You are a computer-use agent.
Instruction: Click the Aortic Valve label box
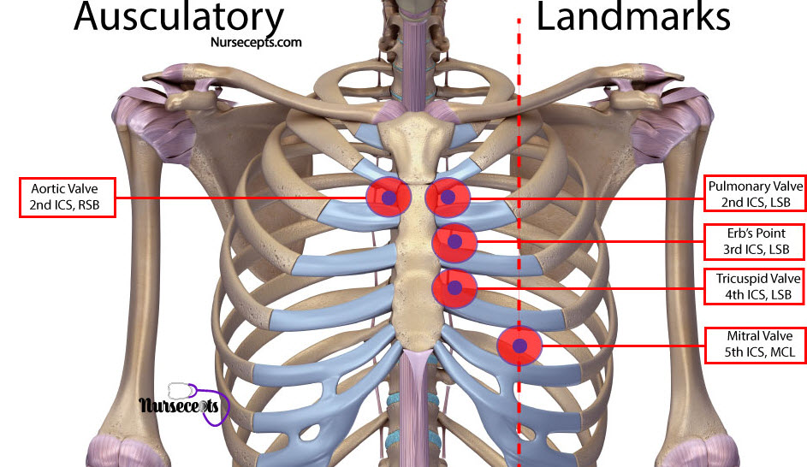coord(67,198)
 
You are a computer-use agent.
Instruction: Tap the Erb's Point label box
coord(755,241)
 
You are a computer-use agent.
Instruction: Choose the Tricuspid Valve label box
coord(755,287)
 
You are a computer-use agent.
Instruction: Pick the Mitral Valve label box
coord(756,345)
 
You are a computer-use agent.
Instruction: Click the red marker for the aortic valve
coord(389,197)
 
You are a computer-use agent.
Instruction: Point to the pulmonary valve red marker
coord(448,197)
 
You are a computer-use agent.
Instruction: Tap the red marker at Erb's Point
coord(454,242)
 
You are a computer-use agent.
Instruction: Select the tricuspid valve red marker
coord(454,288)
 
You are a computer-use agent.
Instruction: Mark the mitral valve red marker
coord(519,346)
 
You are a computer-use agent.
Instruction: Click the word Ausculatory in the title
coord(179,17)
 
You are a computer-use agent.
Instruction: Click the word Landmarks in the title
coord(633,16)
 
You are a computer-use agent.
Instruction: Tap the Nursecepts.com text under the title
coord(256,43)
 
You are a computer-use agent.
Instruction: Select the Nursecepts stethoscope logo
coord(184,405)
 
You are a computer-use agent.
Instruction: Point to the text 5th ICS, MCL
coord(759,352)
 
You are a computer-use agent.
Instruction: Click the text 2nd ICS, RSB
coord(64,205)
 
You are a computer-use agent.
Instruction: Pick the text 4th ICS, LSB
coord(758,295)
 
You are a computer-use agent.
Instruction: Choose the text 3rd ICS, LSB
coord(756,250)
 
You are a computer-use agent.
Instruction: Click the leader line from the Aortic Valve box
coord(240,198)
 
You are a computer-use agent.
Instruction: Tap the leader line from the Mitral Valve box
coord(623,346)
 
